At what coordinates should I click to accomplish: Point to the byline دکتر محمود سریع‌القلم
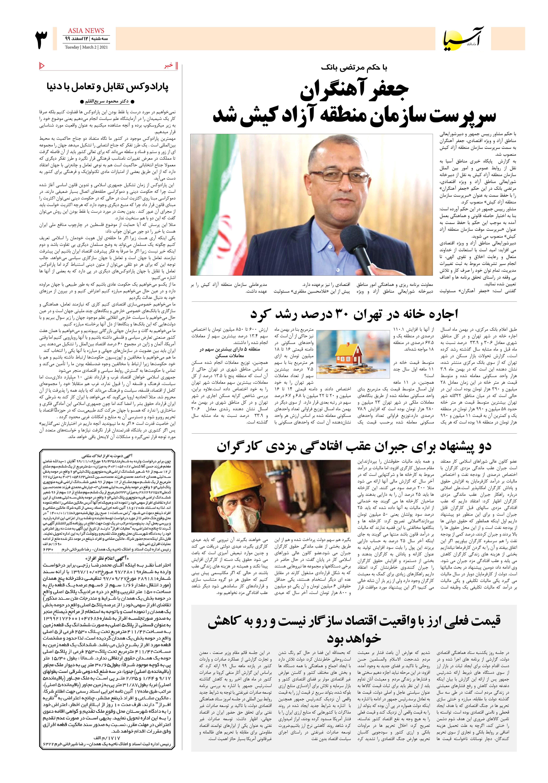coord(107,101)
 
